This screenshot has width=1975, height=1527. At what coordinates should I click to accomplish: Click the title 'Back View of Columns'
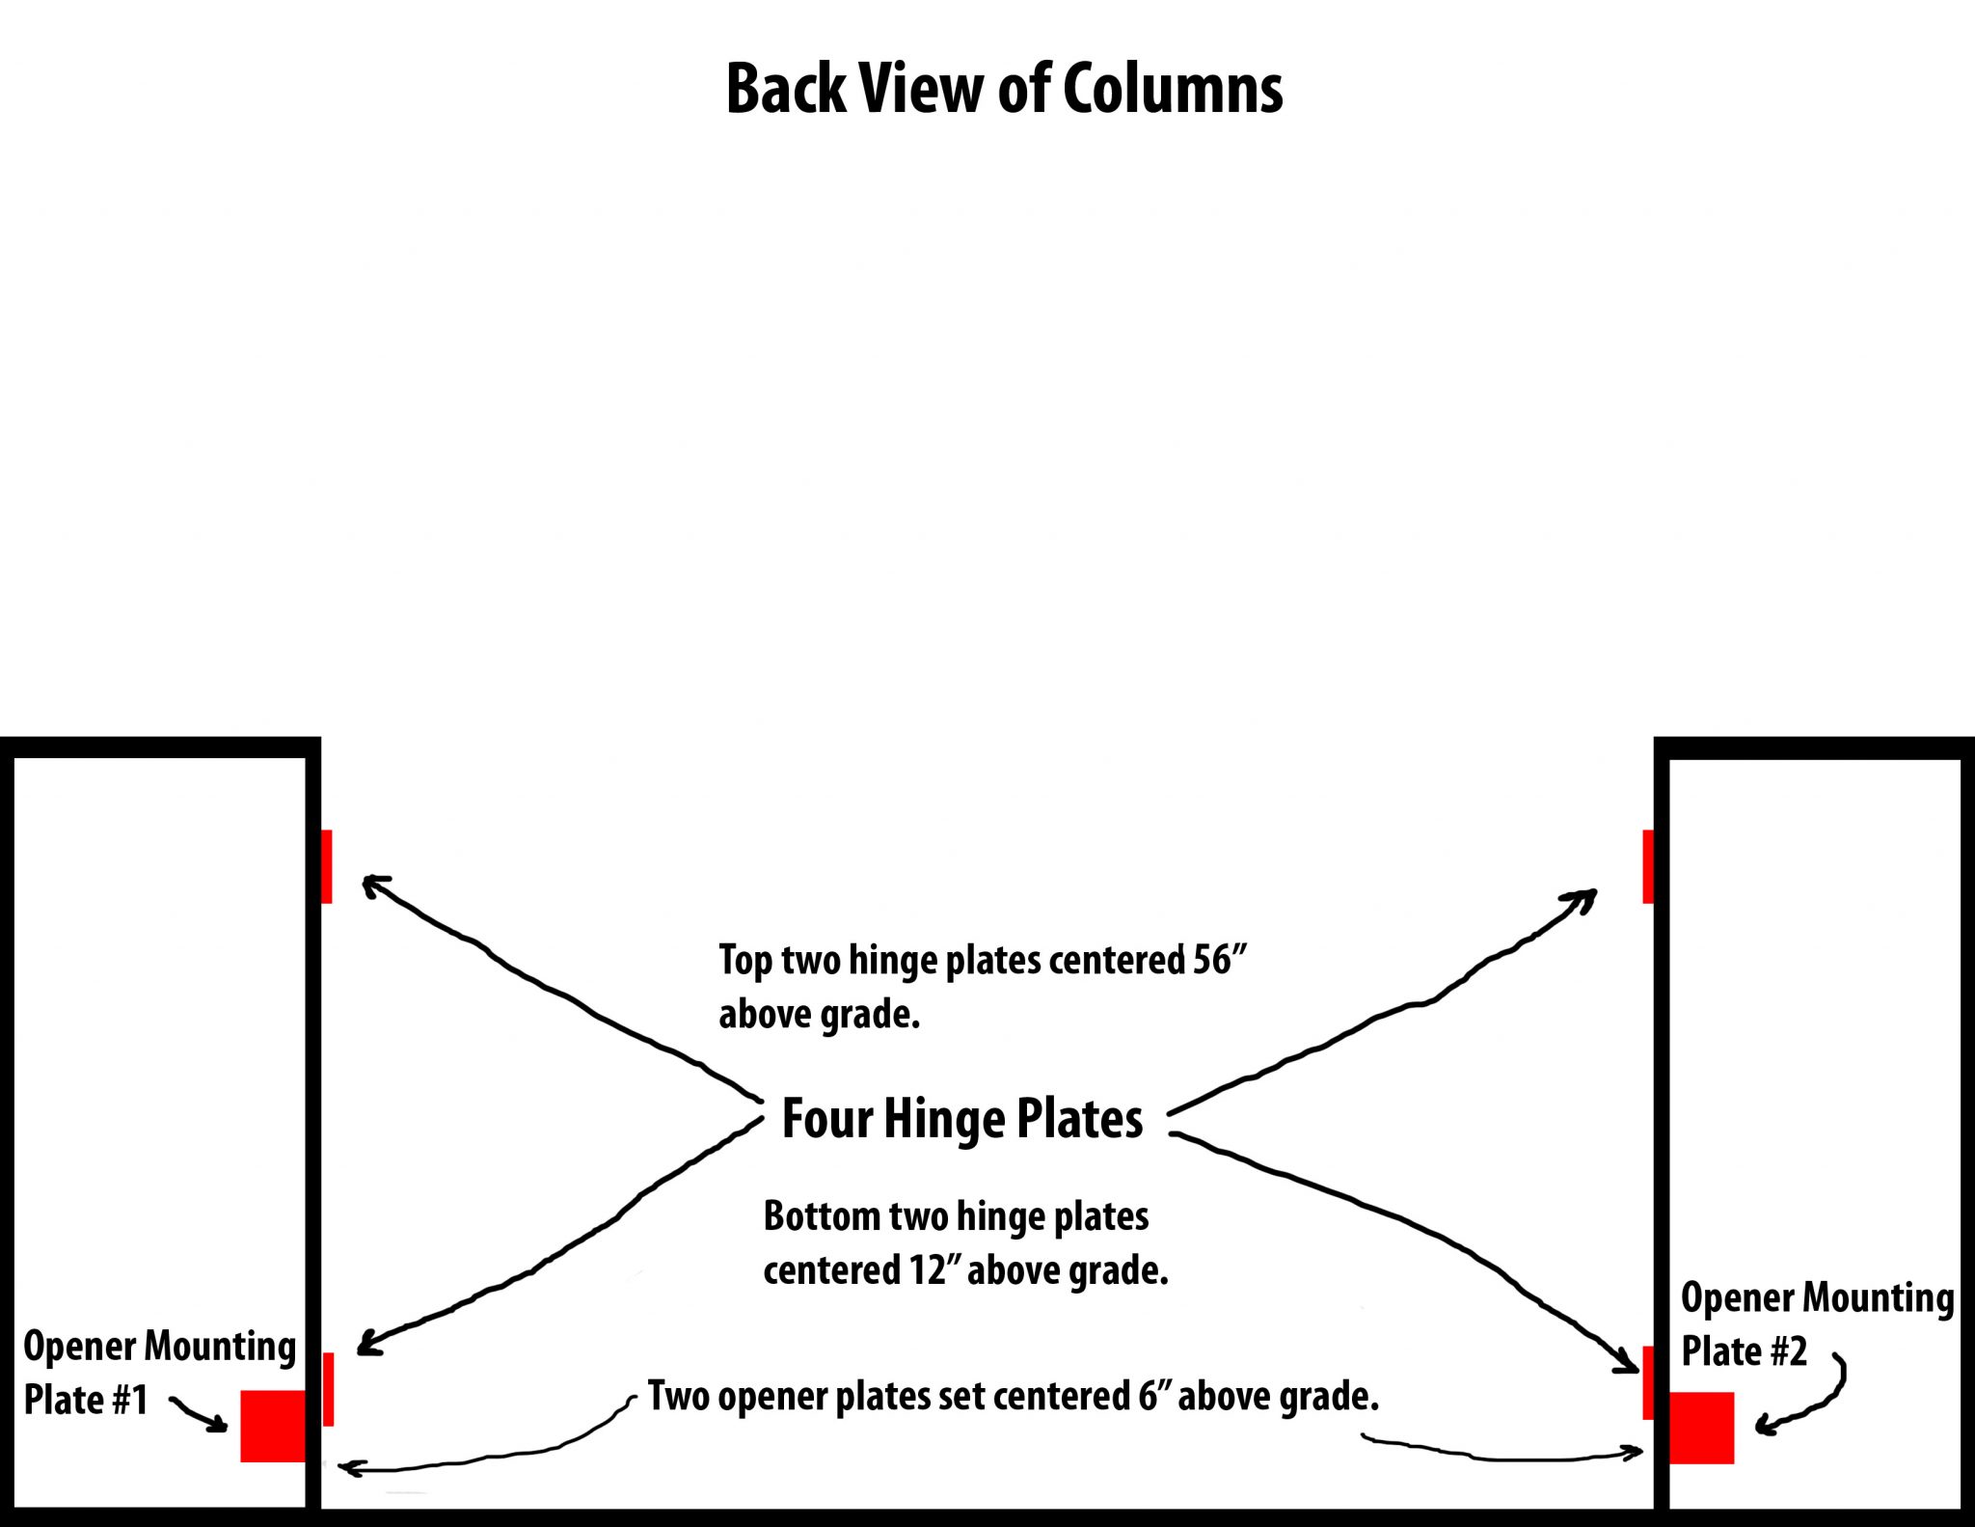pos(1004,89)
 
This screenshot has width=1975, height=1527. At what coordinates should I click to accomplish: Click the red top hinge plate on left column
pos(327,866)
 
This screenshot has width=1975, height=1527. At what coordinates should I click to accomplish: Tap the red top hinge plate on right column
pos(1648,866)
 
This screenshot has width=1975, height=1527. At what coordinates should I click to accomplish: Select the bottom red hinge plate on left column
pos(329,1389)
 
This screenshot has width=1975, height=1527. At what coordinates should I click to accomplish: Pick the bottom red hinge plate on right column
pos(1648,1382)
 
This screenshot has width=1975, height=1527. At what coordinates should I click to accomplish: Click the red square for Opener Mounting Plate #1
pos(273,1426)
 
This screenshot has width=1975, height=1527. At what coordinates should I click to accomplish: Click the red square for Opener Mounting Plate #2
pos(1702,1428)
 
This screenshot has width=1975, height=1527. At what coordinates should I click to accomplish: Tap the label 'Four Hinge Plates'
pos(961,1119)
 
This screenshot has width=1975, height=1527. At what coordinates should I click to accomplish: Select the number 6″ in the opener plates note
pos(1151,1397)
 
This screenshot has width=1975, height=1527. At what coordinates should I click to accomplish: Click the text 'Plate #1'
pos(86,1400)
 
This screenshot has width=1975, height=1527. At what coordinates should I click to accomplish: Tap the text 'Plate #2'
pos(1744,1351)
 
